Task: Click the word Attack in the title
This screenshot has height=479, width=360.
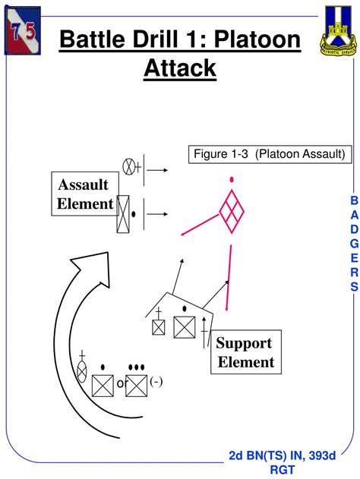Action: coord(180,68)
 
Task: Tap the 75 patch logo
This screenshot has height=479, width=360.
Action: coord(23,29)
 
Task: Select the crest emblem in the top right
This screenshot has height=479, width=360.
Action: coord(336,31)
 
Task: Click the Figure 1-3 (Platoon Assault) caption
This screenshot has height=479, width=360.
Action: coord(258,154)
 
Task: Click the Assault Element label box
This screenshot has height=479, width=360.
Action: coord(84,194)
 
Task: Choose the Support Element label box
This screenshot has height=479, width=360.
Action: coord(245,351)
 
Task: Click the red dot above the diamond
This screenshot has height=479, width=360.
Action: coord(230,180)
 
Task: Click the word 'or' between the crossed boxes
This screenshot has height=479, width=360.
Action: coord(120,384)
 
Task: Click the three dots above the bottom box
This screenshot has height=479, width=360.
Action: coord(136,368)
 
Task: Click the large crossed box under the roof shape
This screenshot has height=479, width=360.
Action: coord(185,327)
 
